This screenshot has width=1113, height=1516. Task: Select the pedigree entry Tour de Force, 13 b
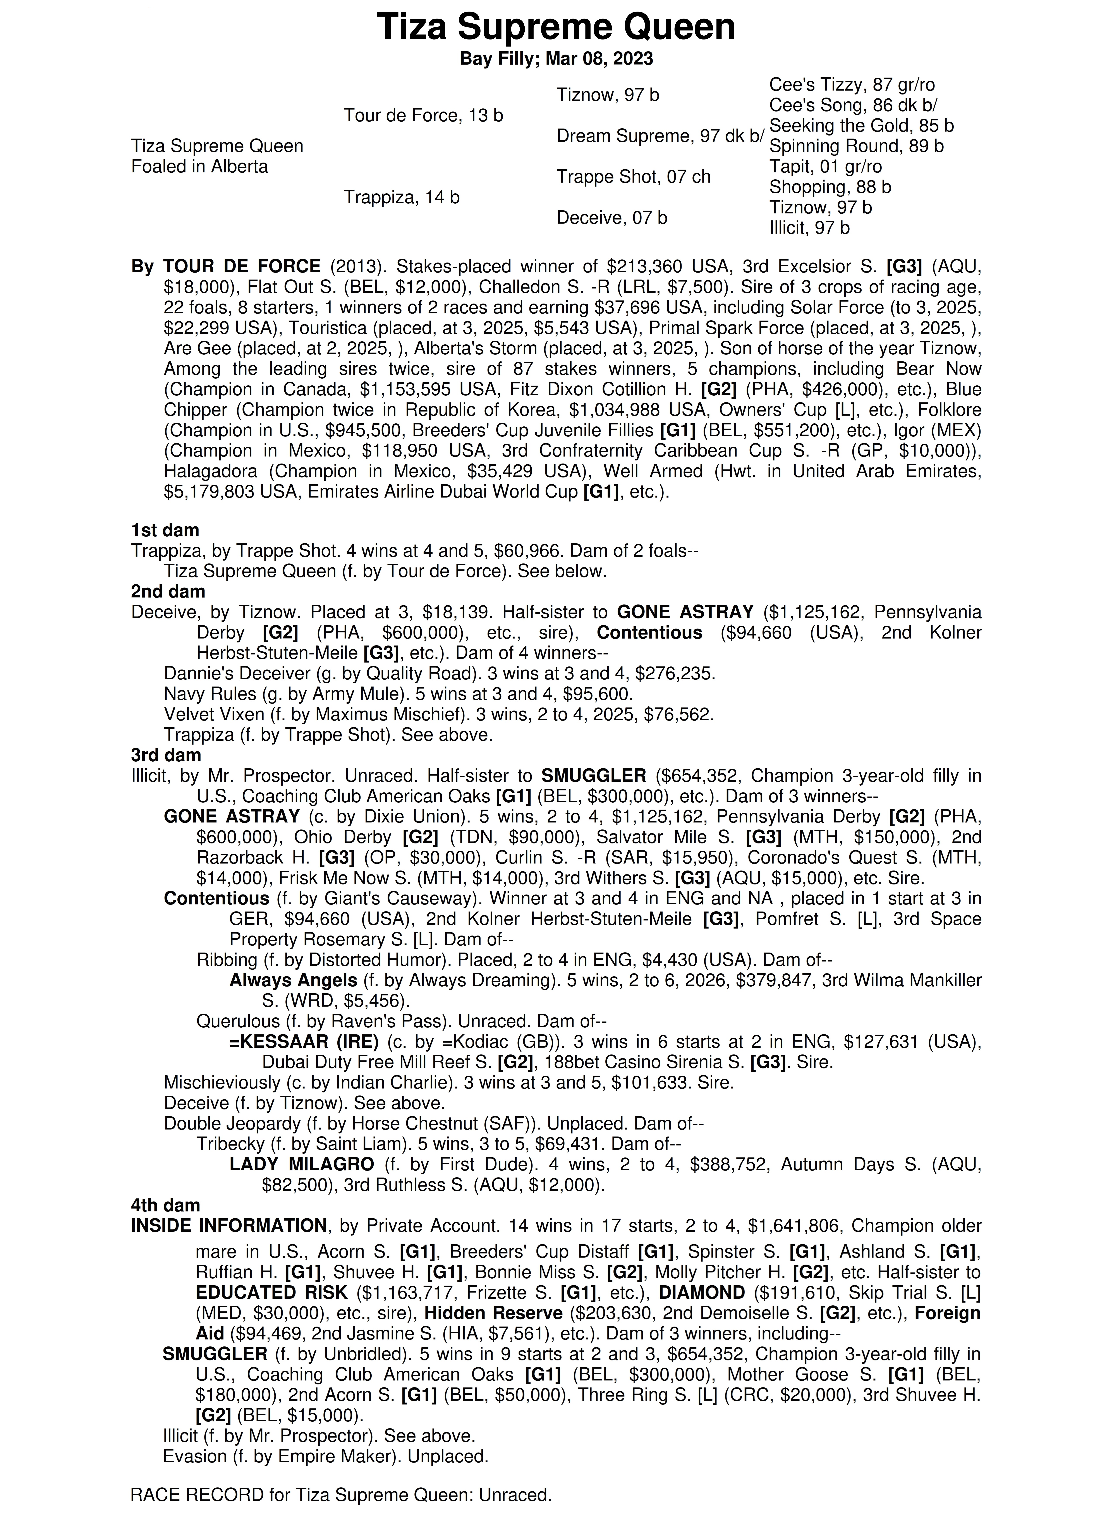point(423,116)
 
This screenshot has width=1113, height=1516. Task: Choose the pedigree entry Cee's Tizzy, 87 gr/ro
point(852,85)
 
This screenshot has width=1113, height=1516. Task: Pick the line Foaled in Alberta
point(199,167)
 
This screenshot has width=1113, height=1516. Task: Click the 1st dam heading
point(165,530)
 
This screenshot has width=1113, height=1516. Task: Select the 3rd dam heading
point(166,755)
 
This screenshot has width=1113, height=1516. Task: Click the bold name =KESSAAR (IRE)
point(304,1042)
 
